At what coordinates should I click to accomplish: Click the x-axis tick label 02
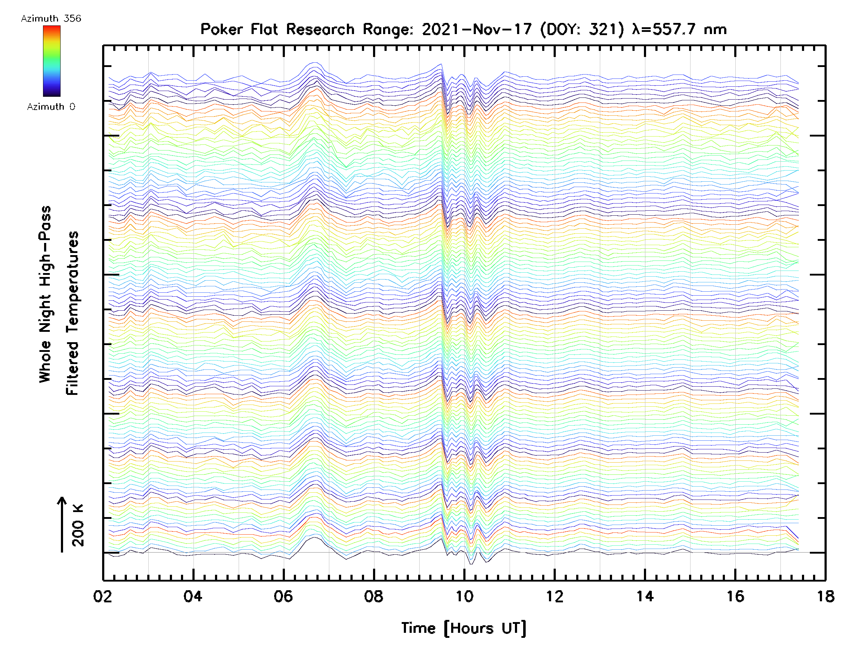102,596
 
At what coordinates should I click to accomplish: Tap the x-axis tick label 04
193,596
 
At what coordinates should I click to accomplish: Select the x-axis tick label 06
283,596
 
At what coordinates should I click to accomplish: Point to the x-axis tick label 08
374,596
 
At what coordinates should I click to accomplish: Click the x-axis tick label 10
464,596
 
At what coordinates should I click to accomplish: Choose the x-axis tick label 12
554,596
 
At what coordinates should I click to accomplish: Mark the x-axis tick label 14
645,596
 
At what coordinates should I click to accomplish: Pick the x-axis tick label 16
735,596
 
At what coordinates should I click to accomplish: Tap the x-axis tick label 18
825,596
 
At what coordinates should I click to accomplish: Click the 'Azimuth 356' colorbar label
51,18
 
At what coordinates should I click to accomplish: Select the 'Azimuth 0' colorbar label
51,106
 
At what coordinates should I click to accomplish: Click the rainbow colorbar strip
52,61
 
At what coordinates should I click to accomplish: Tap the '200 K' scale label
78,525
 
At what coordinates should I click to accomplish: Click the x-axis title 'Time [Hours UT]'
464,628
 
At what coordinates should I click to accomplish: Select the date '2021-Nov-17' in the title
477,29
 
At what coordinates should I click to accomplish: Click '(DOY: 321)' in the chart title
582,29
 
